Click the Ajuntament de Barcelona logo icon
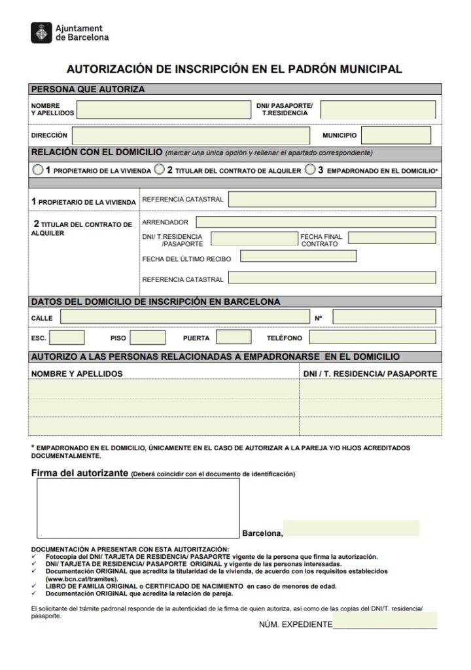pos(41,33)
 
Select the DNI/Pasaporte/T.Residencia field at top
pos(377,109)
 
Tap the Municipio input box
pos(396,135)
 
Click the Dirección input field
pos(190,135)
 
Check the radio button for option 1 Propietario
pos(37,170)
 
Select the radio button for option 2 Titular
pos(159,170)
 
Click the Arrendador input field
pos(315,222)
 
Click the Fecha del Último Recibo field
pos(298,256)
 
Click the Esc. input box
pos(67,338)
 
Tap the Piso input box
pos(147,338)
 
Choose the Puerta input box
pos(234,338)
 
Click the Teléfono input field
pos(372,338)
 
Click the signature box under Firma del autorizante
pos(137,508)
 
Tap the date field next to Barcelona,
pos(351,528)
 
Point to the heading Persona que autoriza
pos(88,89)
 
